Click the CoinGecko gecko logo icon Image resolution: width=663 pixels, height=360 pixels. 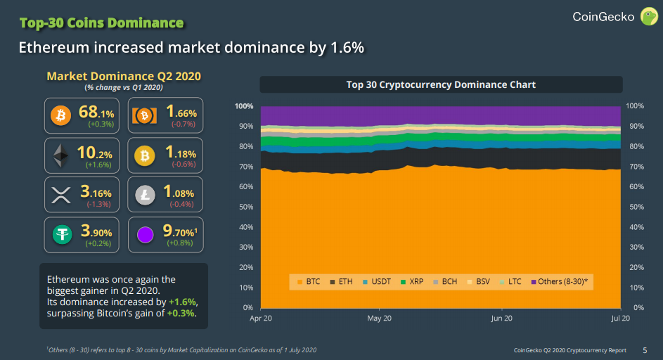[x=648, y=16]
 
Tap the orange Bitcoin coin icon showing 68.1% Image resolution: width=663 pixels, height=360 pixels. [x=61, y=115]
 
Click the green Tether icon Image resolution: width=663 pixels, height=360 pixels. [x=61, y=234]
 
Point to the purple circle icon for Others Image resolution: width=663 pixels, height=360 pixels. [x=145, y=234]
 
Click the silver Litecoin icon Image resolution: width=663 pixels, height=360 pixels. [x=145, y=195]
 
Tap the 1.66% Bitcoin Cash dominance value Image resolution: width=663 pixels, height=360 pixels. [x=181, y=111]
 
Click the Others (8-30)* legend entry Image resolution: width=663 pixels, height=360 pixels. [x=562, y=281]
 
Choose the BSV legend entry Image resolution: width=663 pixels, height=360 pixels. [x=482, y=281]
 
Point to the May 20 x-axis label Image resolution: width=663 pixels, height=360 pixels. [x=379, y=319]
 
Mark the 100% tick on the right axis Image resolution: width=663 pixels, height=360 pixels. [x=634, y=105]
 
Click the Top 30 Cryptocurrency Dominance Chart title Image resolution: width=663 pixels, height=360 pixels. [x=441, y=84]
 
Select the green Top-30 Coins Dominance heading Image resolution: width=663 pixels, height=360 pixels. [x=101, y=23]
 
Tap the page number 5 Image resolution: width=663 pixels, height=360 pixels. [x=645, y=349]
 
